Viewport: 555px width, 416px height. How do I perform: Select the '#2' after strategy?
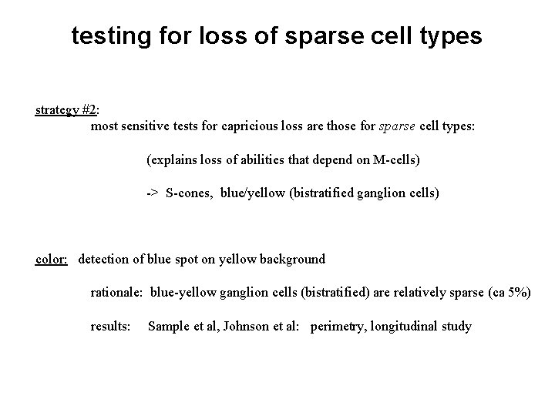(90, 109)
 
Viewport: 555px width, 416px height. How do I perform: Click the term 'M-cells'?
(392, 160)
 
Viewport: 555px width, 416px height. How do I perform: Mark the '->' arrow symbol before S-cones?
(153, 193)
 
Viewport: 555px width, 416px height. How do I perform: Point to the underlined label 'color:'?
(52, 259)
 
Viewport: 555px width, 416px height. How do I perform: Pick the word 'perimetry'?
(338, 327)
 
